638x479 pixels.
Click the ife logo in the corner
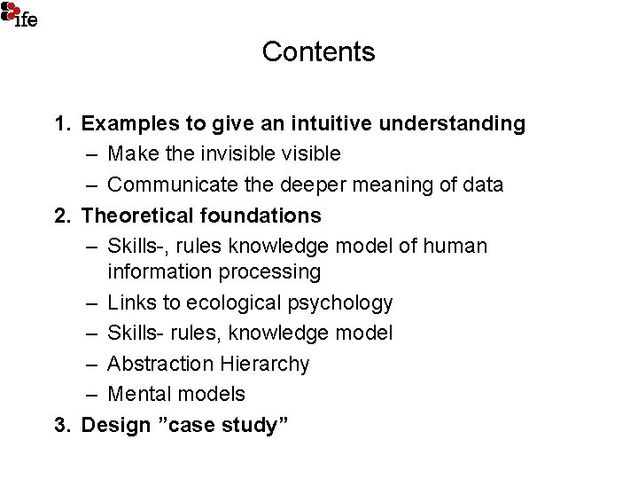(19, 13)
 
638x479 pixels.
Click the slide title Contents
(318, 52)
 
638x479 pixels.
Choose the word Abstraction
(160, 364)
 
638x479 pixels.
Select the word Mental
(140, 394)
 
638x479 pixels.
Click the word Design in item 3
(116, 425)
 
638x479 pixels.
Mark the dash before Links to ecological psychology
(93, 302)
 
